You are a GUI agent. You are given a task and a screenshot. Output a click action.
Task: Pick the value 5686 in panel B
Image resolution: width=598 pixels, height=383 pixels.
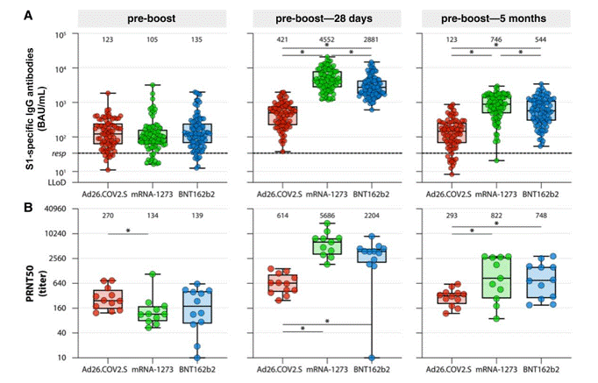click(x=328, y=215)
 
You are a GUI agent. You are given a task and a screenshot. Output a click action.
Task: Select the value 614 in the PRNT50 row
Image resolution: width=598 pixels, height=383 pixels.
click(x=282, y=215)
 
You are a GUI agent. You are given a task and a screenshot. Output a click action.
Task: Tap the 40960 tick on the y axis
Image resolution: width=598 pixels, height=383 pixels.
click(x=54, y=209)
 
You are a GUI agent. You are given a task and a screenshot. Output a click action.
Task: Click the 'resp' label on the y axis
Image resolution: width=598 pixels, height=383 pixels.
click(x=59, y=153)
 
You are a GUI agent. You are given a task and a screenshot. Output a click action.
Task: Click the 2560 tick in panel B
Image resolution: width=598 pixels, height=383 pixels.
click(x=57, y=259)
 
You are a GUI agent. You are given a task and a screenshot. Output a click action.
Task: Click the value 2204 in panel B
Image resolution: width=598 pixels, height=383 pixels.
click(x=372, y=215)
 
